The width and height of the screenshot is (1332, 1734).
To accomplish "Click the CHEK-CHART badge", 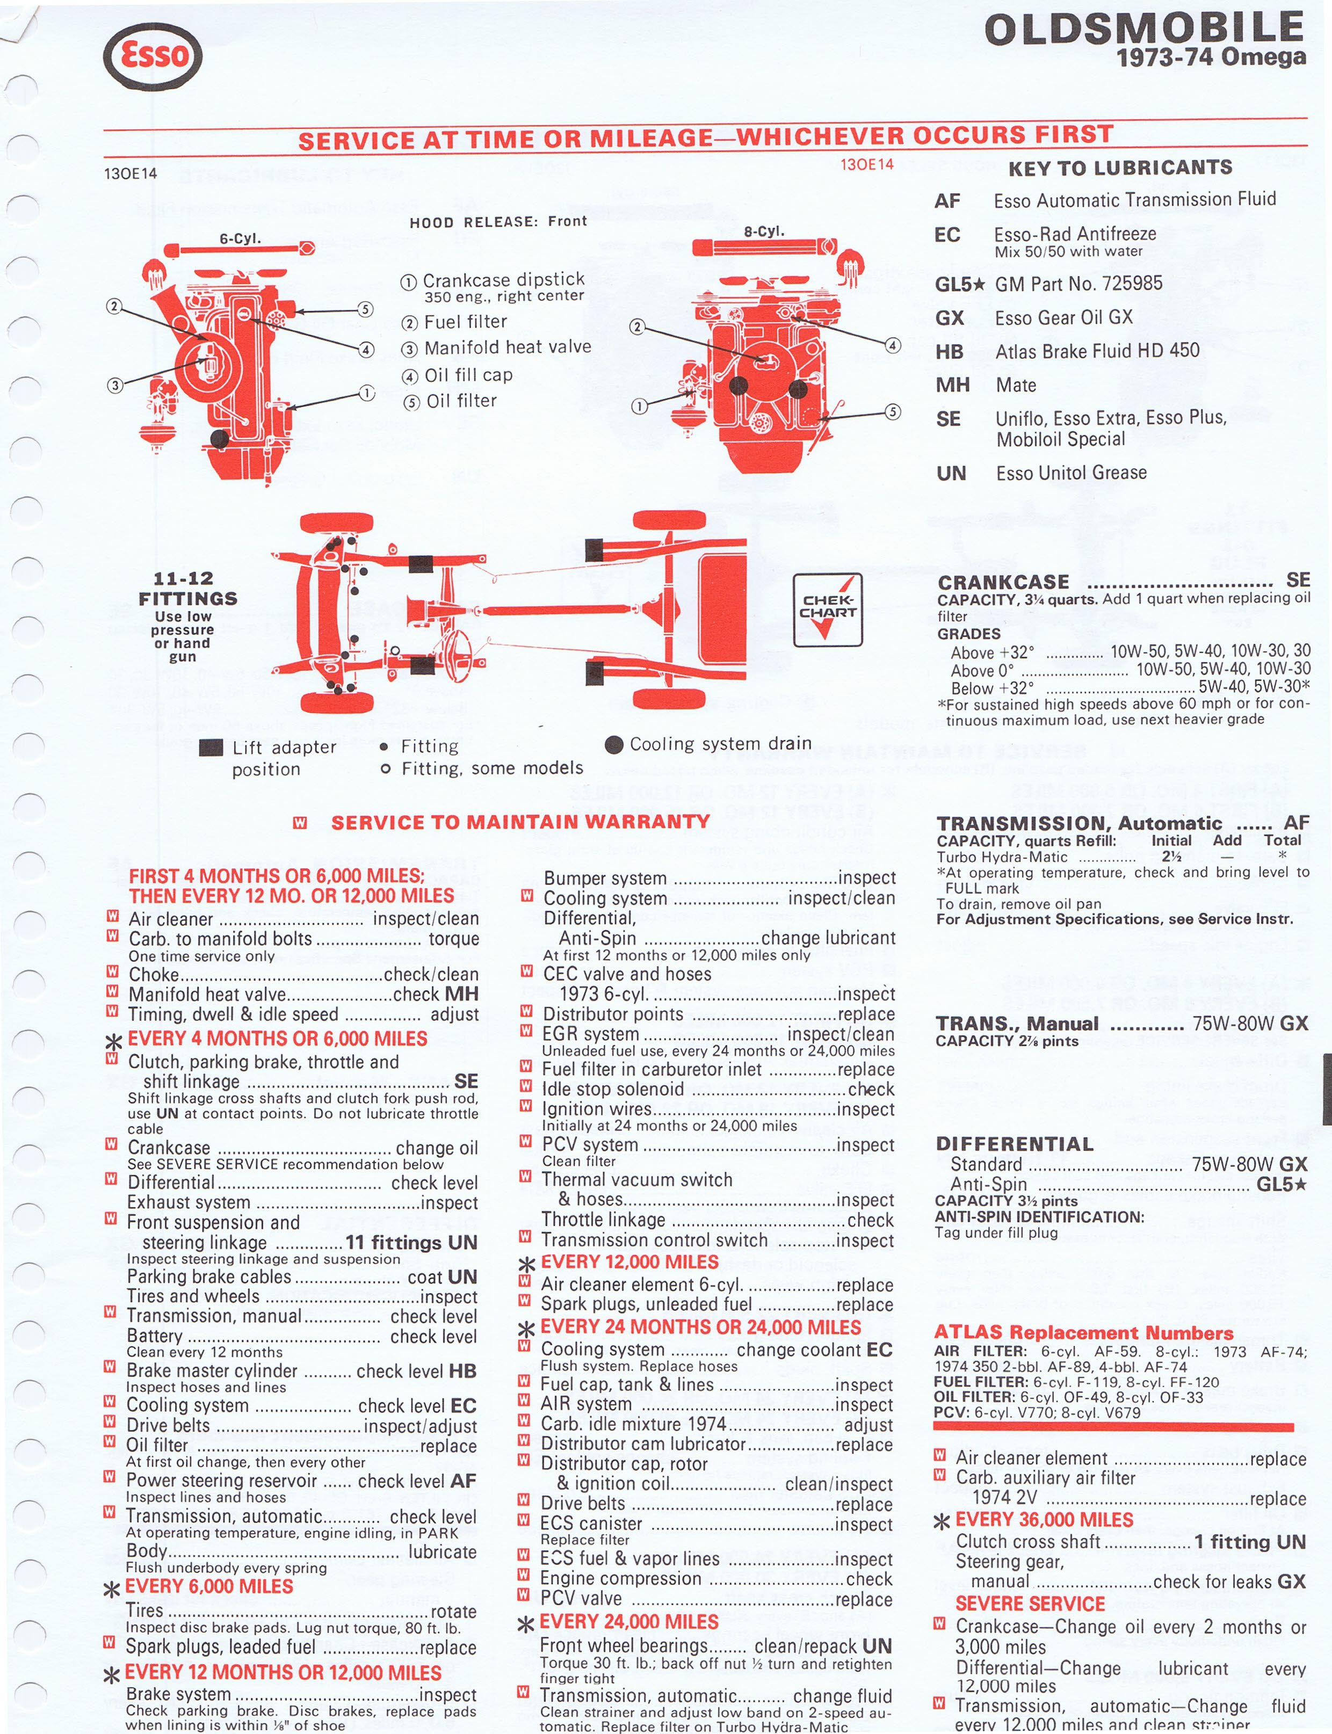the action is point(827,610).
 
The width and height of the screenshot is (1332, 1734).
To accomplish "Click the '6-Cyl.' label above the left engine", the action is point(240,238).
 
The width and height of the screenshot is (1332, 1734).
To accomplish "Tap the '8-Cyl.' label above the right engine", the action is point(764,231).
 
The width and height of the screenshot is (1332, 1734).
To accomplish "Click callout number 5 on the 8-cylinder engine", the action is point(893,411).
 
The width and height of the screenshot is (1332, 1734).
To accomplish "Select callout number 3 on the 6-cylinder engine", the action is point(115,385).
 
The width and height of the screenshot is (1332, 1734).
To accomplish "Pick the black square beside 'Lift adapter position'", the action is point(210,748).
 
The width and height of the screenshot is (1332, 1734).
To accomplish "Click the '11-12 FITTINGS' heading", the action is point(187,588).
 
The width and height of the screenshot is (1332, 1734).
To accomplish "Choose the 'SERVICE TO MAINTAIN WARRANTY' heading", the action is point(520,822).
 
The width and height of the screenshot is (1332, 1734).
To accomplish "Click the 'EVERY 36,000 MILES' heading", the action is point(1044,1519).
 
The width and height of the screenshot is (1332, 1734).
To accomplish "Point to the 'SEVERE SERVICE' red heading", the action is point(1030,1603).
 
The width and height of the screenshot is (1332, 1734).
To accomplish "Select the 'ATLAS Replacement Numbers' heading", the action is point(1083,1332).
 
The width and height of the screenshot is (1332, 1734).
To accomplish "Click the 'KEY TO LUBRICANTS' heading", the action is point(1120,167).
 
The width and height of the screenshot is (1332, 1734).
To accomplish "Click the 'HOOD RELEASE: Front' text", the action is point(498,222).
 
